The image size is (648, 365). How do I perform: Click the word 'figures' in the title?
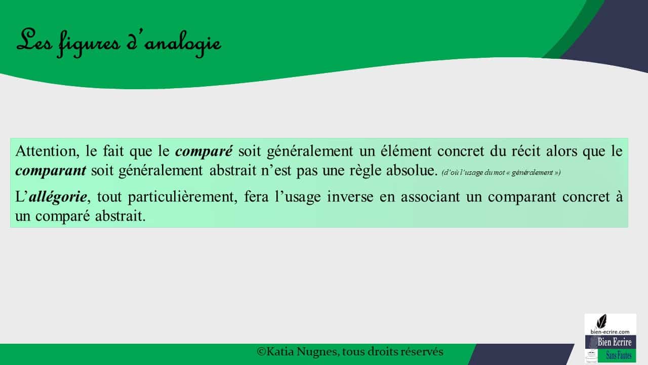88,44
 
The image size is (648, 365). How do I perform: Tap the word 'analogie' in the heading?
183,44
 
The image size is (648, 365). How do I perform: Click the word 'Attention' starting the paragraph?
47,151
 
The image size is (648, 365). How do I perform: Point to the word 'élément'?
406,151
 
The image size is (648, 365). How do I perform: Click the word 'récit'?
525,151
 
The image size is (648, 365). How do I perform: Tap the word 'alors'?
561,151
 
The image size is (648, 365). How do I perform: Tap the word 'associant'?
430,197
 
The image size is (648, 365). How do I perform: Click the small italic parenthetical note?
501,173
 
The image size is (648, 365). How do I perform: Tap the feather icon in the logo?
602,321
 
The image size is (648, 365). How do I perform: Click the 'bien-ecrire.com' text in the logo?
610,332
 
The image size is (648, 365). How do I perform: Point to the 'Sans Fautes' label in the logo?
619,355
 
